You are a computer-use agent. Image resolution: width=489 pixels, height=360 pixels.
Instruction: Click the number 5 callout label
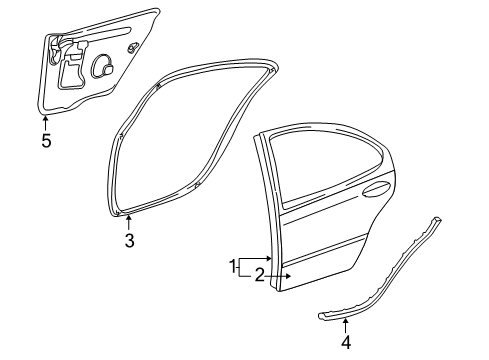[46, 140]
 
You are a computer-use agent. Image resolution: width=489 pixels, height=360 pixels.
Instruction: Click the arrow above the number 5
[46, 122]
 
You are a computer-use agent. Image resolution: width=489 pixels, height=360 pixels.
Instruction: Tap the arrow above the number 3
[128, 221]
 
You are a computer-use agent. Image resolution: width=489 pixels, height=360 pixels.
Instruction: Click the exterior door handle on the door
[376, 187]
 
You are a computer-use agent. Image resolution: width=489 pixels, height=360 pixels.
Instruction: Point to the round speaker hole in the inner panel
[104, 67]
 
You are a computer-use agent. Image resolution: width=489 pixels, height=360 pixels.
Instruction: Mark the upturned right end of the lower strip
[437, 219]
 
